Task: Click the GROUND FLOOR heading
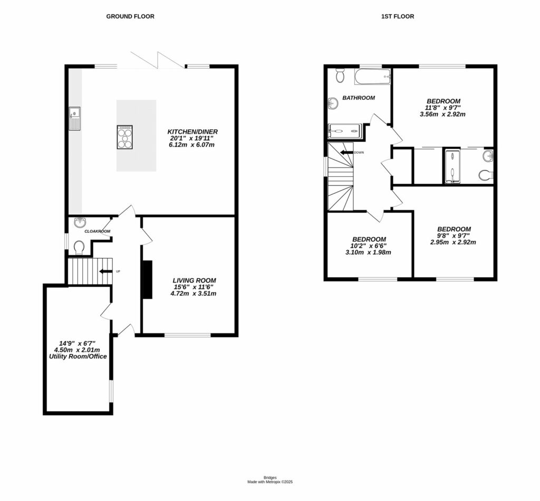pos(130,16)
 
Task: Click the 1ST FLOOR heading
pos(398,16)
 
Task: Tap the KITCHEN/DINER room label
pos(192,131)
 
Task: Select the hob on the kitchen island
pos(125,137)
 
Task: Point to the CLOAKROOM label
pos(98,231)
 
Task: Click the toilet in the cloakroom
pos(79,247)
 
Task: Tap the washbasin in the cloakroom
pos(80,222)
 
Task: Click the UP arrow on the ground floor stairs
pos(105,271)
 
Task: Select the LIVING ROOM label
pos(194,280)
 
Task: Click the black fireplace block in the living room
pos(147,280)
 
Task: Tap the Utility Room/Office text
pos(74,356)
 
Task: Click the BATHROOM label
pos(359,98)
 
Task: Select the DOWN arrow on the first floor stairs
pos(347,153)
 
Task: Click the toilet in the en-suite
pos(486,174)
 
